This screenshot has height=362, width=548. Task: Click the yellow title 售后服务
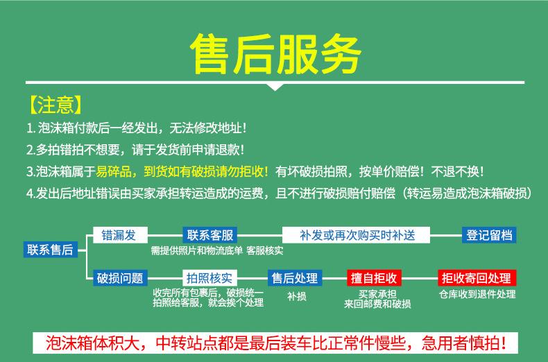[x=275, y=53]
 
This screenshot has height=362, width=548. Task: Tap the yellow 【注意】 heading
[x=56, y=105]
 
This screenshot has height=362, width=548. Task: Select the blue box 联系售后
[x=51, y=250]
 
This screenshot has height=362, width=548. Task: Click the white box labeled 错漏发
[x=120, y=235]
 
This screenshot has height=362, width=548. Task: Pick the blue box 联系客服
[x=210, y=235]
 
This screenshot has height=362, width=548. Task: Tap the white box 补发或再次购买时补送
[x=356, y=235]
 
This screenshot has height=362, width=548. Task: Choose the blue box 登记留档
[x=489, y=235]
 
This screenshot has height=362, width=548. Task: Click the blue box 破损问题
[x=120, y=278]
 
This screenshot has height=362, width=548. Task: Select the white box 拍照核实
[x=210, y=278]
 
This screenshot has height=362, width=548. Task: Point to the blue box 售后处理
[x=295, y=278]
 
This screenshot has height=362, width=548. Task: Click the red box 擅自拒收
[x=374, y=278]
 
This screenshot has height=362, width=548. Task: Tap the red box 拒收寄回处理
[x=477, y=278]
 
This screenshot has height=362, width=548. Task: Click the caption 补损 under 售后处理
[x=297, y=296]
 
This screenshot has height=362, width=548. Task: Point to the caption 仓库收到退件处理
[x=477, y=294]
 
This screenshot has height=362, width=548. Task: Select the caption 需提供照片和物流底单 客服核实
[x=217, y=250]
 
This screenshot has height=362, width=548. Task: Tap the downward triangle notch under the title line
[x=275, y=87]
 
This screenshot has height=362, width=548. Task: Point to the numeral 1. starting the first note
[x=31, y=128]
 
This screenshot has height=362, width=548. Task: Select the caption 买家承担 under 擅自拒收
[x=377, y=294]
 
